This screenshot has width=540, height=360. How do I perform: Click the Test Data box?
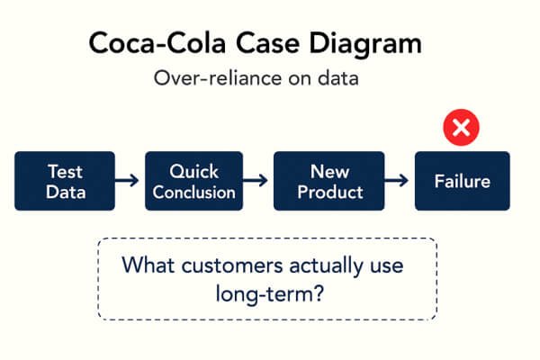click(65, 181)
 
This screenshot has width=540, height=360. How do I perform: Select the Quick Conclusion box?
click(193, 181)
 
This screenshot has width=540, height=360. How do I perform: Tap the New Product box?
click(328, 181)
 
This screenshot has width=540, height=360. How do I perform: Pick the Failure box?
click(463, 181)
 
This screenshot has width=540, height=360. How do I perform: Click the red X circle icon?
click(461, 128)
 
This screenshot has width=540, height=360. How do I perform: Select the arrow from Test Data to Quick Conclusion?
click(127, 180)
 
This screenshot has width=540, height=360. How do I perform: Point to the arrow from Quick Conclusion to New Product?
click(256, 180)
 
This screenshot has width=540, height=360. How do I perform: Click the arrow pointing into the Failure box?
click(396, 180)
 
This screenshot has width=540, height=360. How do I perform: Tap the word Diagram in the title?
click(365, 44)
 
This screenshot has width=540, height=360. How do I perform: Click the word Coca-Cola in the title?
click(157, 43)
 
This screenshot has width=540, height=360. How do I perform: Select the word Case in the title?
click(267, 43)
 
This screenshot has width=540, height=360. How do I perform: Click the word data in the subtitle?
click(338, 78)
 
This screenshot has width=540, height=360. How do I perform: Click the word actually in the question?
click(326, 266)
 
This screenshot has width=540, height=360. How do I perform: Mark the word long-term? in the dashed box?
click(270, 294)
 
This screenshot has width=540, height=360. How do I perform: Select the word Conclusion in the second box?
click(193, 193)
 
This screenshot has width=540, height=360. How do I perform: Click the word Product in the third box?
click(330, 193)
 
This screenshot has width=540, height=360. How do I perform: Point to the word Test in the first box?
click(65, 172)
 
